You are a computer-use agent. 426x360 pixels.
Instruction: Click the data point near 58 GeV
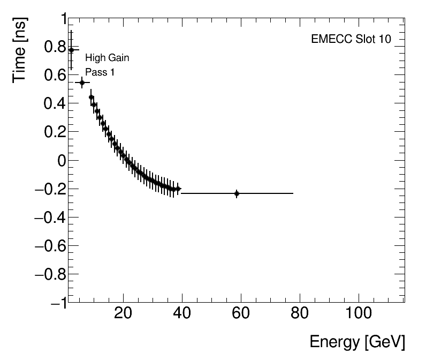coord(237,193)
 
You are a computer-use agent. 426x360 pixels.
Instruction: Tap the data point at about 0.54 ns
coord(82,82)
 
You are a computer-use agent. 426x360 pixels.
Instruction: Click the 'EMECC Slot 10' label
coord(351,40)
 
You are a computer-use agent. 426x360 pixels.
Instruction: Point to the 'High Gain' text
coord(107,58)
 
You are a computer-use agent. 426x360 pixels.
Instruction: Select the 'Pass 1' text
coord(100,72)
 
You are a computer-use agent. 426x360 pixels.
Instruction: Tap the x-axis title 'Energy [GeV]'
coord(357,342)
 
